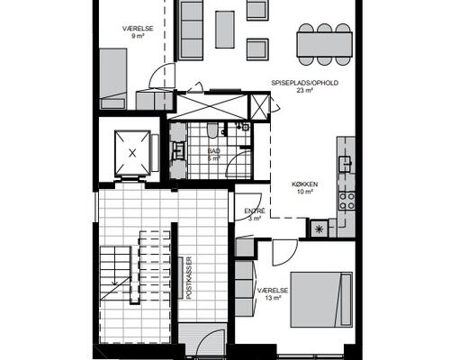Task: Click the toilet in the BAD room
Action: coord(212,130)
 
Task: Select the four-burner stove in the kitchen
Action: coord(346,201)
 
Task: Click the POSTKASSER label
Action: coord(189,277)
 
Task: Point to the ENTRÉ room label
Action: coord(255,211)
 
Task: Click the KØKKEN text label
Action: coord(305,184)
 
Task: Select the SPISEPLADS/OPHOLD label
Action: coord(305,83)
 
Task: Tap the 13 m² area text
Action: coord(273,298)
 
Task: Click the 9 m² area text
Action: coord(138,36)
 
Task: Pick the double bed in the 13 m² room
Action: coord(321,300)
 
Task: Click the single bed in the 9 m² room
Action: coord(113,78)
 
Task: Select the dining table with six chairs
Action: coord(324,44)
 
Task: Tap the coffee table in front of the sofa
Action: coord(225,30)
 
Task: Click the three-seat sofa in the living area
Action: coord(191,29)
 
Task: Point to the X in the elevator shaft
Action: coord(132,153)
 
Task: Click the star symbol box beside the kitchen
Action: coord(318,229)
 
